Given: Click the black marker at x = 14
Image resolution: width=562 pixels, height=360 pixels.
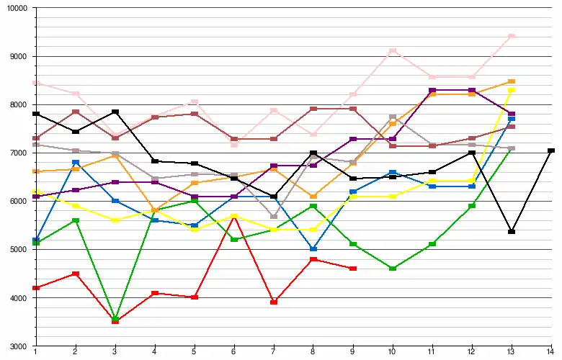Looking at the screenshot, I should click(x=551, y=150).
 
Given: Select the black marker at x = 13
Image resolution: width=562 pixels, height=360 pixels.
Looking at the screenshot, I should click(x=512, y=232).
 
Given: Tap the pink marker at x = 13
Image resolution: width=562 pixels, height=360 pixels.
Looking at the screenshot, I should click(x=512, y=36).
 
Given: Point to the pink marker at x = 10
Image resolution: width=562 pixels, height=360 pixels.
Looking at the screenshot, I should click(x=392, y=51).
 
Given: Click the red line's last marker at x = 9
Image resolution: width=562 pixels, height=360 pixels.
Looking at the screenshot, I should click(x=352, y=269).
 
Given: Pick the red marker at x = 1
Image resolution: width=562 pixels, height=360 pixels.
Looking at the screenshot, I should click(x=35, y=288).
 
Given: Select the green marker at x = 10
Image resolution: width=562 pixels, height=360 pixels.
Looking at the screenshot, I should click(x=392, y=269).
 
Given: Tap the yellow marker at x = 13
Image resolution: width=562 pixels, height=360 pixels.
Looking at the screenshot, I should click(x=512, y=90).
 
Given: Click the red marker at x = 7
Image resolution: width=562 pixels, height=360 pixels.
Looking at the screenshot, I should click(x=273, y=302).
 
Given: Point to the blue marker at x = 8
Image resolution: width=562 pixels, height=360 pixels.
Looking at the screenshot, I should click(x=313, y=249).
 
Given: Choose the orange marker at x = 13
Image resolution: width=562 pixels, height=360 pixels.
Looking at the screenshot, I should click(x=512, y=81).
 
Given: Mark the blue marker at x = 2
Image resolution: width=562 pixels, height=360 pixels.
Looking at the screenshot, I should click(x=75, y=163).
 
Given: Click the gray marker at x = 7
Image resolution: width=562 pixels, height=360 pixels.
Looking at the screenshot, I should click(x=273, y=217).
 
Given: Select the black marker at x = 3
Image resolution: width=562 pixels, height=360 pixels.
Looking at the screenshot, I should click(x=115, y=112).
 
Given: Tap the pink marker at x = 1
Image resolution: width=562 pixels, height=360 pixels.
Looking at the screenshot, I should click(x=35, y=83).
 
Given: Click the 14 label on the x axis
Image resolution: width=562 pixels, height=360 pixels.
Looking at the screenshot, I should click(x=551, y=352).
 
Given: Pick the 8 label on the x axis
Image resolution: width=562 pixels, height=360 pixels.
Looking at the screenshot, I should click(x=313, y=352).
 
